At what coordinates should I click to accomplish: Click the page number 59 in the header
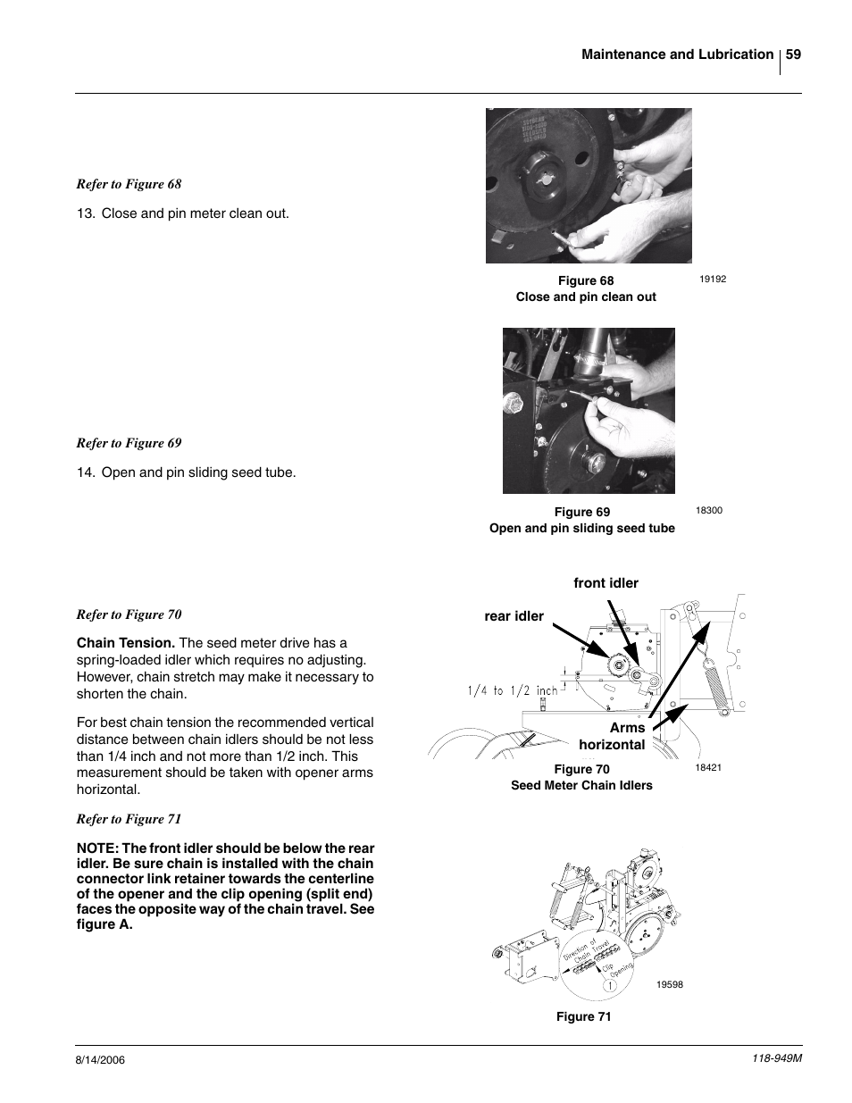pyautogui.click(x=793, y=54)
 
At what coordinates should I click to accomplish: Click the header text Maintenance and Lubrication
pyautogui.click(x=677, y=54)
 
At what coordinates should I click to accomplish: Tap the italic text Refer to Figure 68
pyautogui.click(x=129, y=184)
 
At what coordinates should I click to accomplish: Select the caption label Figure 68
pyautogui.click(x=586, y=280)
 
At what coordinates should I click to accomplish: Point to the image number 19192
pyautogui.click(x=713, y=279)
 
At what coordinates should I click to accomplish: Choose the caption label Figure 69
pyautogui.click(x=582, y=512)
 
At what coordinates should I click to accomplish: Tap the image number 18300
pyautogui.click(x=708, y=511)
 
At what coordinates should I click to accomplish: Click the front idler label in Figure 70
pyautogui.click(x=606, y=583)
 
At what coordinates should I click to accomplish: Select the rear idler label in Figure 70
pyautogui.click(x=514, y=616)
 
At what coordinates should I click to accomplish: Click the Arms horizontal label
pyautogui.click(x=613, y=736)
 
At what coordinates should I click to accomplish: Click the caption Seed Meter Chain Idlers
pyautogui.click(x=581, y=785)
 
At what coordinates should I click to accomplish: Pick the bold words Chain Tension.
pyautogui.click(x=125, y=643)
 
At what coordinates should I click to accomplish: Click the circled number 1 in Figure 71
pyautogui.click(x=608, y=986)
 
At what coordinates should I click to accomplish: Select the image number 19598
pyautogui.click(x=670, y=984)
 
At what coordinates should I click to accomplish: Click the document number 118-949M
pyautogui.click(x=773, y=1057)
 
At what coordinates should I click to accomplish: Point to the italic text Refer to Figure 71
pyautogui.click(x=129, y=819)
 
